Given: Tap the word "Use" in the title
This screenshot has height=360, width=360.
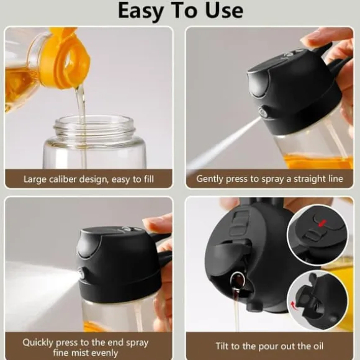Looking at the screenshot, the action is (224, 11).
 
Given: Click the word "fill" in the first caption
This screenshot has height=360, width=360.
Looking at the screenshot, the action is (149, 179).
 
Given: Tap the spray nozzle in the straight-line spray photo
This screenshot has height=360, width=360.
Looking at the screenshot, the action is (263, 112).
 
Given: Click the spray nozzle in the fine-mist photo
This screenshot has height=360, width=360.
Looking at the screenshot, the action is (81, 273).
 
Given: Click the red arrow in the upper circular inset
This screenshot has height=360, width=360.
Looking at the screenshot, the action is (322, 223).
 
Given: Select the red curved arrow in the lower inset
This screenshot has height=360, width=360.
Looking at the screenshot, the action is (294, 305).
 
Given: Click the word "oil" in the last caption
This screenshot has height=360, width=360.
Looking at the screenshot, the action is (318, 346).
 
